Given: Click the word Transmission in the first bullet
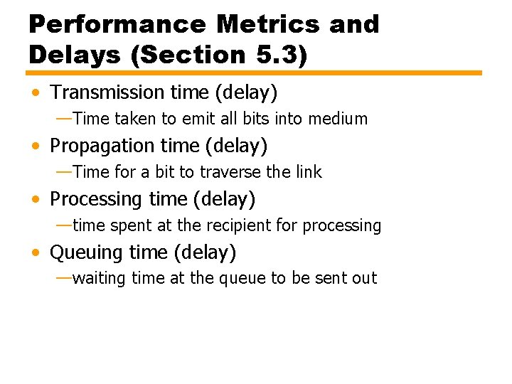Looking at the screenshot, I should coord(107,92).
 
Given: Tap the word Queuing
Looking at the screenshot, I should coord(87,252).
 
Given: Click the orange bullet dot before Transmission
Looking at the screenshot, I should coord(36,93).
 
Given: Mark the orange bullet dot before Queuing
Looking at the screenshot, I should coord(36,253).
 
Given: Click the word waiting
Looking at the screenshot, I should coord(100,279).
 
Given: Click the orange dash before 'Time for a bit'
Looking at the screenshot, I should coord(63,171).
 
